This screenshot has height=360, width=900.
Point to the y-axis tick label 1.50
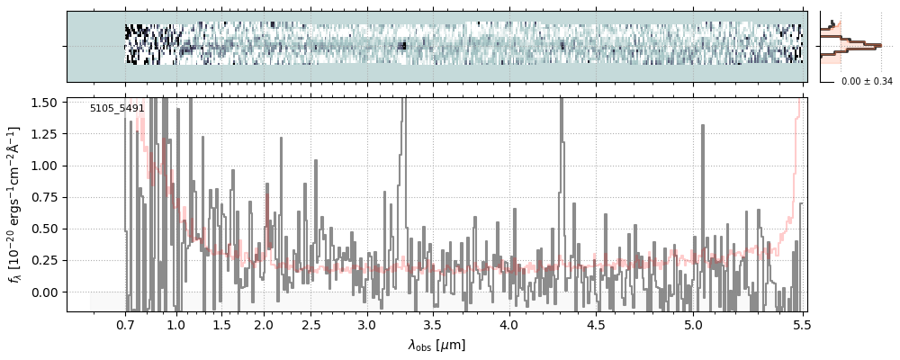click(45, 103)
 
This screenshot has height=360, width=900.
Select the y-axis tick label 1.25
click(45, 134)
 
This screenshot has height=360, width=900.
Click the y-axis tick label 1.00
click(45, 166)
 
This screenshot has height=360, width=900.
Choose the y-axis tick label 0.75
click(45, 198)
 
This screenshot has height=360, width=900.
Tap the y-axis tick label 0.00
click(45, 292)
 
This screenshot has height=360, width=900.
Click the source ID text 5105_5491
click(117, 109)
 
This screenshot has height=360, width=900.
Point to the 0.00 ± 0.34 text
click(867, 82)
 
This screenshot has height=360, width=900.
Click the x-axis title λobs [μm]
click(436, 345)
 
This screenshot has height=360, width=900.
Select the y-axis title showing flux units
click(15, 205)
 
